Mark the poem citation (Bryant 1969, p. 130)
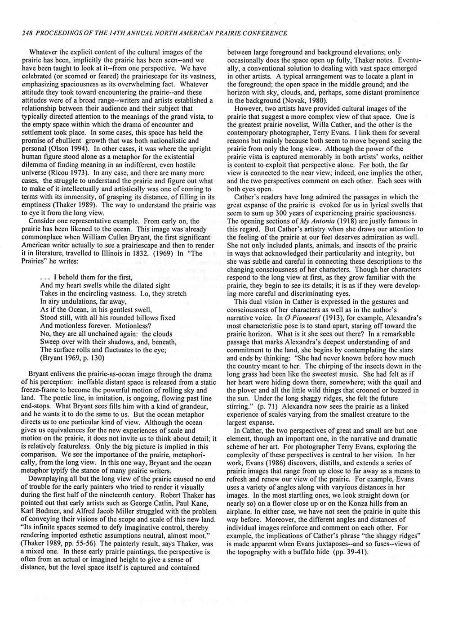pos(72,358)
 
